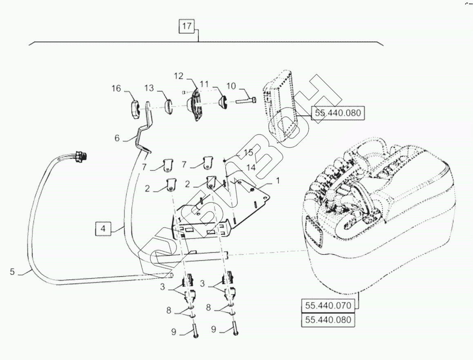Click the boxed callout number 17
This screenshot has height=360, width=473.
pos(187,26)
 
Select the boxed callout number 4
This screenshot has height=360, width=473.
pos(103,229)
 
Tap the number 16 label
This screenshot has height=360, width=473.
pos(116,88)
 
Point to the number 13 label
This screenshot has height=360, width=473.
pos(149,88)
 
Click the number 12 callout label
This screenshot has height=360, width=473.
pos(178,76)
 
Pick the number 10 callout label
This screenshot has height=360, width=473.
pos(231,86)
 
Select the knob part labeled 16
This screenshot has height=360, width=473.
pos(135,111)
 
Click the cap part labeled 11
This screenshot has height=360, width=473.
pos(223,103)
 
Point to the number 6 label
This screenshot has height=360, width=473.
pos(117,138)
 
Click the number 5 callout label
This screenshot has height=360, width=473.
pos(12,272)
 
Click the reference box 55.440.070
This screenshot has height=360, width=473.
pos(328,305)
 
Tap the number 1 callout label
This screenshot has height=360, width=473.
pos(278,180)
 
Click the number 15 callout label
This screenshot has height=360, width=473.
pos(248,153)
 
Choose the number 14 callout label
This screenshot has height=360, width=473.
pos(251,168)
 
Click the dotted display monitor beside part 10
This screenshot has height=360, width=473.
pos(279,106)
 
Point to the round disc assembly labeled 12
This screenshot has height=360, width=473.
pos(196,106)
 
